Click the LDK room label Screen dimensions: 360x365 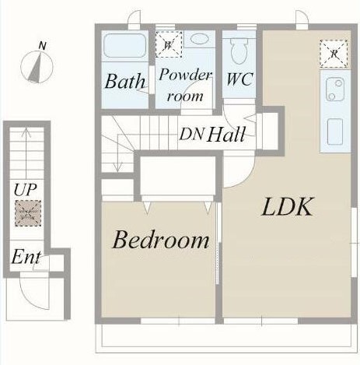tap(288, 207)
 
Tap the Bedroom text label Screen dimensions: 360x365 tap(161, 239)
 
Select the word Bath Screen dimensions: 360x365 tap(124, 81)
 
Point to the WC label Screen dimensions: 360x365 tap(239, 79)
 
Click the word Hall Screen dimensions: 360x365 tap(226, 134)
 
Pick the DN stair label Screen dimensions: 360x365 tap(191, 134)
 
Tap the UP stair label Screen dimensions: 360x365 tap(25, 190)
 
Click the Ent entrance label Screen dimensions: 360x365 tap(26, 257)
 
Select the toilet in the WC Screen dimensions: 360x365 tap(239, 51)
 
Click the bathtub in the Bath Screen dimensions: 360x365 tap(124, 45)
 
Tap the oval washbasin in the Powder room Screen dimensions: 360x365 tap(200, 39)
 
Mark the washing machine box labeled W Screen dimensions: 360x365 tap(169, 44)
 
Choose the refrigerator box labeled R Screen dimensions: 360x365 tap(334, 54)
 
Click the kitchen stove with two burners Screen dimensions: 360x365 tap(335, 89)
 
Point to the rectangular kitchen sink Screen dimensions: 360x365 tap(335, 132)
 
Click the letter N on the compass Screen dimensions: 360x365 tap(42, 46)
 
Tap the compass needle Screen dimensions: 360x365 tap(36, 68)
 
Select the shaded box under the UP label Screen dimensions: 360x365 tap(28, 213)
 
